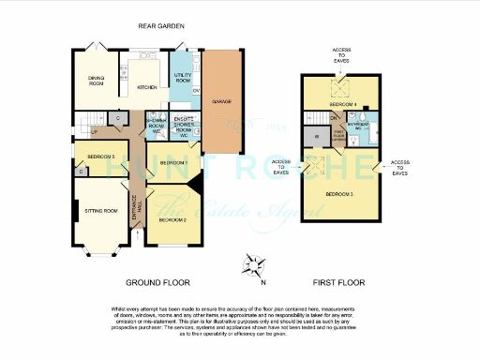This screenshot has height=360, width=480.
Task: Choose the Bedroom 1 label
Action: (x=173, y=163)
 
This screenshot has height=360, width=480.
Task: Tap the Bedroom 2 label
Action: (x=172, y=219)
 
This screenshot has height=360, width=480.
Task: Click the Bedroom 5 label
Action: (x=100, y=156)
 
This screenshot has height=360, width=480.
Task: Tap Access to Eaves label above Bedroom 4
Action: (x=341, y=53)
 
